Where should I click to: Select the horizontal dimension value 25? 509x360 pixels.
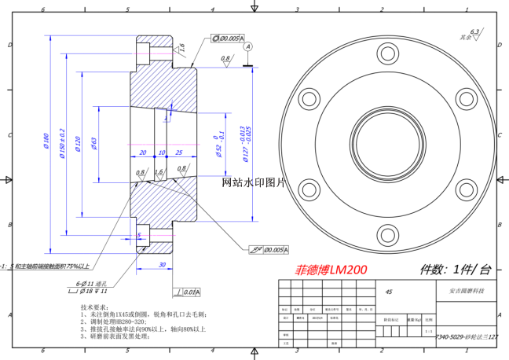pos(179,152)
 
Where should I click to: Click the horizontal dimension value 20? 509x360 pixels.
pos(143,152)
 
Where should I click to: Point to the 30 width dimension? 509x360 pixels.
pos(162,265)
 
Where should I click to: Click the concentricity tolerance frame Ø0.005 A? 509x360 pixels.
pos(228,38)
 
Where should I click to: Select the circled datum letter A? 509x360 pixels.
pos(249,47)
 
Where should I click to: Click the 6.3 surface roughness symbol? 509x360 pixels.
pos(474,32)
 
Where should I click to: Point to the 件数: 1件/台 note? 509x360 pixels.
pos(456,270)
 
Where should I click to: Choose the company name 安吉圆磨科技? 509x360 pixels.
pos(465,291)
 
